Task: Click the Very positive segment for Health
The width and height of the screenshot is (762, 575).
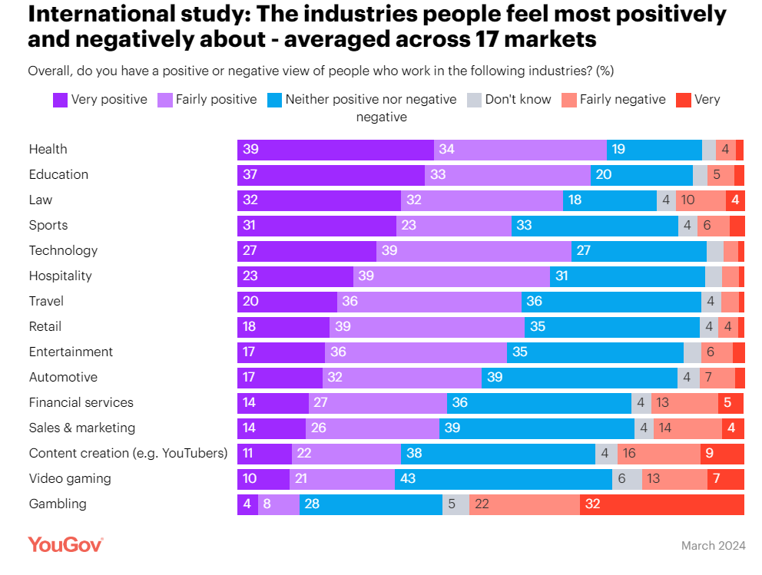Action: tap(335, 150)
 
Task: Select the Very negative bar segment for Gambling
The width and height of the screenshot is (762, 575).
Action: tap(661, 504)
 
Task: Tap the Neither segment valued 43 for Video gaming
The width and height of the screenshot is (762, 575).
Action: tap(503, 479)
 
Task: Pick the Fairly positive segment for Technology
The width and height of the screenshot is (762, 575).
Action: tap(473, 251)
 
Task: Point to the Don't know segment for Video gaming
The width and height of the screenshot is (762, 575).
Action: tap(627, 479)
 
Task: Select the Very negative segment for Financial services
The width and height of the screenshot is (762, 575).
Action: tap(731, 403)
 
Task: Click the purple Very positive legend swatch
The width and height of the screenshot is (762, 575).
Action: tap(60, 100)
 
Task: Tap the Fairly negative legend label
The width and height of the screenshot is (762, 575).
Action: tap(622, 100)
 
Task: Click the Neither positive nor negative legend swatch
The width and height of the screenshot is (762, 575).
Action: tap(274, 100)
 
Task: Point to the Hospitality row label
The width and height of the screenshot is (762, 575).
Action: tap(60, 276)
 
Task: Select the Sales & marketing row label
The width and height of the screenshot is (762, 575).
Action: tap(81, 428)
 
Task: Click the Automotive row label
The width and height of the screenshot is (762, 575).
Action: tap(63, 378)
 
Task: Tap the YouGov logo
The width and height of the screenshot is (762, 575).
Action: tap(65, 545)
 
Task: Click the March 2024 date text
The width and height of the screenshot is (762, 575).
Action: tap(713, 546)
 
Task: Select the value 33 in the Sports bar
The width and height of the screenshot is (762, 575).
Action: tap(525, 226)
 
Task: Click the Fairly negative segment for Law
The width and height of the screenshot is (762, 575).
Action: tap(701, 200)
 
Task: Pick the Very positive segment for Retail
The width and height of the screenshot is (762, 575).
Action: tap(283, 327)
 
